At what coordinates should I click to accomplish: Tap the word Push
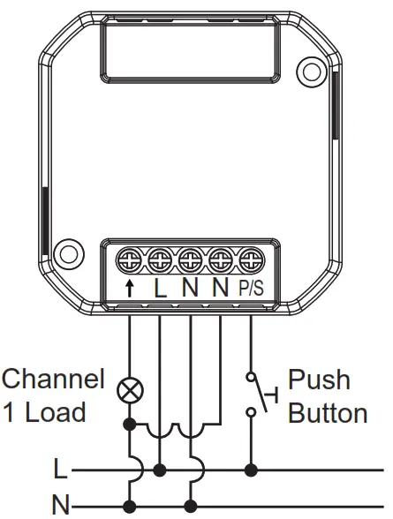pyautogui.click(x=319, y=380)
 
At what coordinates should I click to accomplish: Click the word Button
pyautogui.click(x=327, y=413)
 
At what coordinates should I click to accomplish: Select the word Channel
pyautogui.click(x=52, y=380)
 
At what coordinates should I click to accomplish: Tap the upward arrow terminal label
pyautogui.click(x=130, y=287)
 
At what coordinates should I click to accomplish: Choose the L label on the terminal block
pyautogui.click(x=160, y=287)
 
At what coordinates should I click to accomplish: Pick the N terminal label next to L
pyautogui.click(x=190, y=287)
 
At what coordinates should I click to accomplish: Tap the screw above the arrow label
pyautogui.click(x=130, y=259)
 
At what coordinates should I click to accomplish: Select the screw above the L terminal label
pyautogui.click(x=160, y=259)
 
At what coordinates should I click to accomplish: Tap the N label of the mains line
pyautogui.click(x=59, y=506)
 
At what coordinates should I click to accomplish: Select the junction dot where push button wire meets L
pyautogui.click(x=253, y=469)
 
